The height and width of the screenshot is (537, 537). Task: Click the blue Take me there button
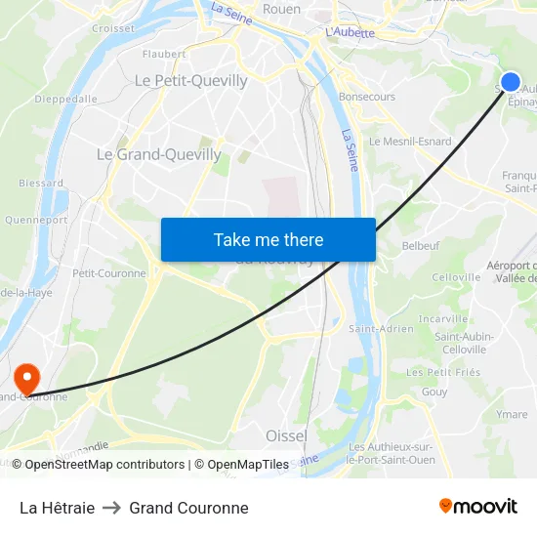tap(268, 239)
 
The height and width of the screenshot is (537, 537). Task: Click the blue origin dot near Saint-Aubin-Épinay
tap(510, 82)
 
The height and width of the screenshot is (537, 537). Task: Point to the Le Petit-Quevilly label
tap(190, 81)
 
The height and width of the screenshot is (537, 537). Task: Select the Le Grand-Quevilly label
tap(158, 154)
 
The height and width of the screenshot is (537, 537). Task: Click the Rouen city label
tap(282, 9)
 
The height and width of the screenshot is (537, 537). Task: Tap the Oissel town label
tap(286, 435)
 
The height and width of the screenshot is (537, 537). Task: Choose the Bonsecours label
tap(366, 98)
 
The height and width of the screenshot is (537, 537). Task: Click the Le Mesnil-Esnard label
tap(410, 142)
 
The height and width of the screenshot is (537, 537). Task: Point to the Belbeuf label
tap(421, 247)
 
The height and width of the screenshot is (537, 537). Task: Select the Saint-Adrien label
tap(381, 329)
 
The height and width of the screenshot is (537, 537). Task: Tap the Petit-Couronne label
tap(108, 273)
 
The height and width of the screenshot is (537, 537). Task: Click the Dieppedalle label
tap(64, 99)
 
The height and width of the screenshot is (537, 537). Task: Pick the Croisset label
tap(112, 28)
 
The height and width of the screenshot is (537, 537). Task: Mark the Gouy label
tap(434, 392)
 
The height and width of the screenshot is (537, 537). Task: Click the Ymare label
tap(512, 415)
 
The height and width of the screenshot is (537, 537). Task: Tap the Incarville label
tap(443, 319)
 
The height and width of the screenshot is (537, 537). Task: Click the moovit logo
tap(478, 507)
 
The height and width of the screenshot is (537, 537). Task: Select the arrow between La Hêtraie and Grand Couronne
tap(111, 508)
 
